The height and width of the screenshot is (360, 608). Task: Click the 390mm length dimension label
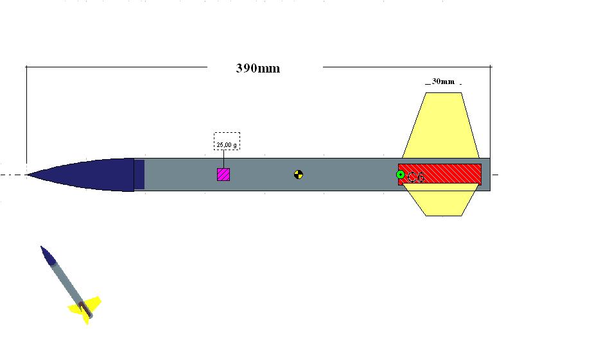(x=258, y=68)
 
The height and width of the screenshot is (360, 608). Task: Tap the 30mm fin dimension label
(x=442, y=82)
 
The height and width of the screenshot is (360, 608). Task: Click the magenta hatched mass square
(x=223, y=174)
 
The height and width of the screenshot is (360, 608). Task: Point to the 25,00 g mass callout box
(x=227, y=141)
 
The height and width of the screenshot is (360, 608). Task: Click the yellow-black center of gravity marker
(x=299, y=174)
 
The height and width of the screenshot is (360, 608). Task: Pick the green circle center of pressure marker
(x=400, y=175)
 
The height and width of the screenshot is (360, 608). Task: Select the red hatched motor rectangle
(x=449, y=174)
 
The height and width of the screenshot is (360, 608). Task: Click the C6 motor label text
(x=416, y=177)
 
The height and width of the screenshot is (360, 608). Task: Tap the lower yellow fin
(x=443, y=202)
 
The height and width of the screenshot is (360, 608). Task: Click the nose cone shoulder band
(x=139, y=175)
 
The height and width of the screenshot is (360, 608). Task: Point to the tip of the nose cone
(x=28, y=175)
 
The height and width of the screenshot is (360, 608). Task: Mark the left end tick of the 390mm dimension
(x=26, y=66)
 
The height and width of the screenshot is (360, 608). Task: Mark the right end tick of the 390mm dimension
(x=491, y=66)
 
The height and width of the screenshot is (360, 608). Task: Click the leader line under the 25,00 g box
(x=223, y=159)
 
